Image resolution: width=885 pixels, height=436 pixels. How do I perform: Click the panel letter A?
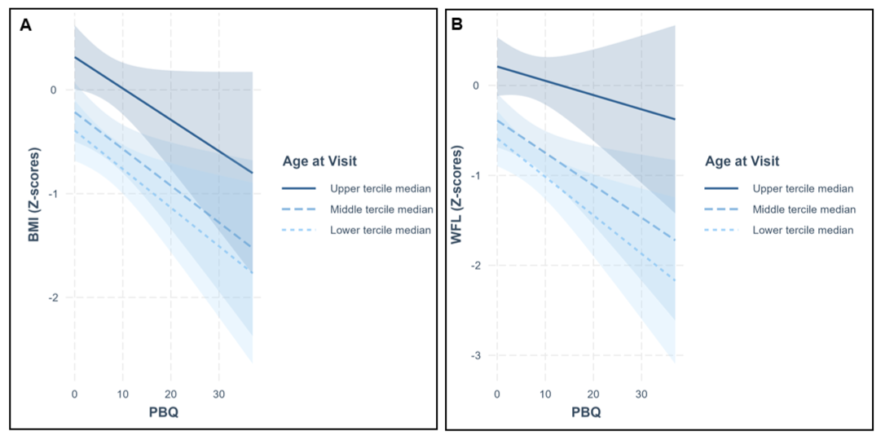[24, 24]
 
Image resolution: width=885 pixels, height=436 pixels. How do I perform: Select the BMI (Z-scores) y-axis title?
[34, 196]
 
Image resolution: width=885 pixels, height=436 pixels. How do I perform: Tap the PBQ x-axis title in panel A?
[165, 412]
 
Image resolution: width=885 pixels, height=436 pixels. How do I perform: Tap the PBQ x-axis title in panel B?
[585, 412]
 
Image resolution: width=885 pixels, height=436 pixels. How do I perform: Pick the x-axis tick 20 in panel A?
[171, 393]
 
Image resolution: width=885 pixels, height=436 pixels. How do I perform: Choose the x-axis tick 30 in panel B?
[641, 393]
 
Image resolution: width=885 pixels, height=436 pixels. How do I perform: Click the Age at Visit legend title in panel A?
[319, 161]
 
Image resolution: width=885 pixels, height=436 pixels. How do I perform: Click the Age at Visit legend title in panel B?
[742, 161]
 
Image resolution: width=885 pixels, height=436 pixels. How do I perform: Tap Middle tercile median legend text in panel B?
[804, 209]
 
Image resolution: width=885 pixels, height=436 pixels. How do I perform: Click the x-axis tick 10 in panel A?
[123, 393]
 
